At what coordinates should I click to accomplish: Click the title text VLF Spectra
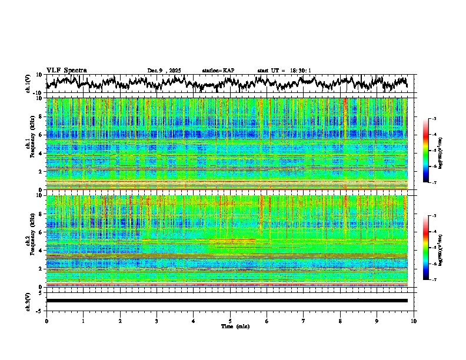tap(66, 71)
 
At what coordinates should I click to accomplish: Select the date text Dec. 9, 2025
tap(164, 71)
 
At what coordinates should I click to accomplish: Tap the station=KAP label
tap(218, 71)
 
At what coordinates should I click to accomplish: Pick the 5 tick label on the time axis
tap(230, 321)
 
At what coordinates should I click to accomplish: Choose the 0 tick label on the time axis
tap(46, 321)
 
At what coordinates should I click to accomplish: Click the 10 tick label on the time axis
tap(414, 321)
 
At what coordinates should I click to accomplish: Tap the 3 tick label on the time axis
tap(157, 321)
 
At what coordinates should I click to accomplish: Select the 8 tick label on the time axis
tap(340, 321)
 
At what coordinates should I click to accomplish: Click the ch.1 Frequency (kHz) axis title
tap(29, 144)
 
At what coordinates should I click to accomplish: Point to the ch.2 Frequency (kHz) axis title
tap(29, 241)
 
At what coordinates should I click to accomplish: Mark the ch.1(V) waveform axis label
tap(28, 84)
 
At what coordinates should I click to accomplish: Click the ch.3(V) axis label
tap(28, 300)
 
